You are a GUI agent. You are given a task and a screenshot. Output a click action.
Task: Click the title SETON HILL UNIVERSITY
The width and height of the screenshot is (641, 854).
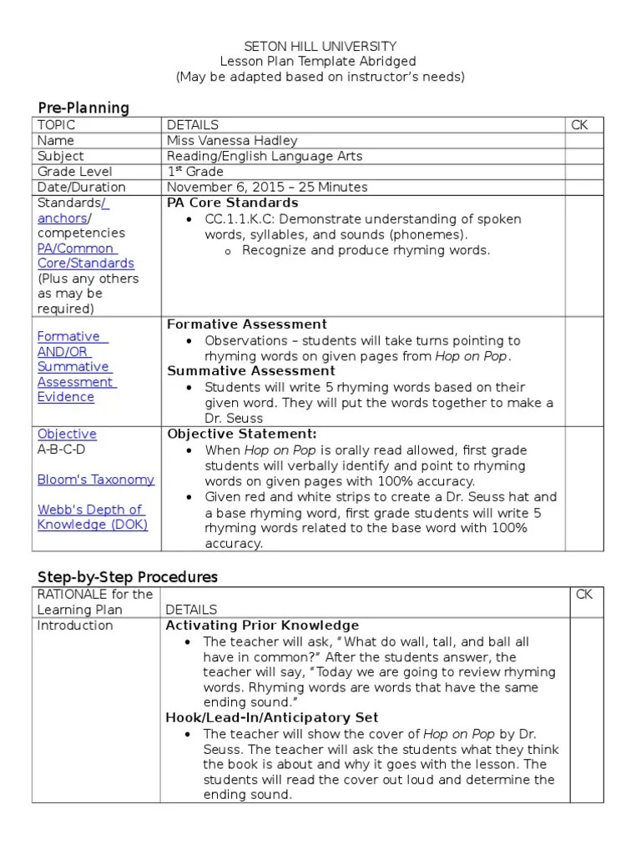320,47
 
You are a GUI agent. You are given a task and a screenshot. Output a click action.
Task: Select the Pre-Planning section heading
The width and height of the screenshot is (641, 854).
83,108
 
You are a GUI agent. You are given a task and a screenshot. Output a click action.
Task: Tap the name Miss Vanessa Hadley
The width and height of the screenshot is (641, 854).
231,141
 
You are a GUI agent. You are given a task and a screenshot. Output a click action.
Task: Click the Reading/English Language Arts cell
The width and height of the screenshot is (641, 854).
265,156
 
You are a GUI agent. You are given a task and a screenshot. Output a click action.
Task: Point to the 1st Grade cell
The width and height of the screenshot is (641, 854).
195,172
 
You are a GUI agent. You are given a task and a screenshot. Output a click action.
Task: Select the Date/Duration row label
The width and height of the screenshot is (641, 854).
82,188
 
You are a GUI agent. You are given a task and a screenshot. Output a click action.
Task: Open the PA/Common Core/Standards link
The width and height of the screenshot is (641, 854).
85,256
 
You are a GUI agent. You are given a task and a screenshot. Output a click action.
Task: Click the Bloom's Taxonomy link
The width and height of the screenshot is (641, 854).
95,480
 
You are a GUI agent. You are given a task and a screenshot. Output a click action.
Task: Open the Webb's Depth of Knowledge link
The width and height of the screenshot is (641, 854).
92,517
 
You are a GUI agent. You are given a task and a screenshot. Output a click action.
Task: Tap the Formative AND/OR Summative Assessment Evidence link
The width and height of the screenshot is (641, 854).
75,367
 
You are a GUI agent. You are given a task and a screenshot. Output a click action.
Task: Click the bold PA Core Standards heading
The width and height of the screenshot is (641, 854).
232,203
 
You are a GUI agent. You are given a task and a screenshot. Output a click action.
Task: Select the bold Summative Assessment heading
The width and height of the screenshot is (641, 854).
250,371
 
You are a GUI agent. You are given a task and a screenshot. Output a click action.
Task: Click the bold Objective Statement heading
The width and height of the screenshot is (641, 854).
242,434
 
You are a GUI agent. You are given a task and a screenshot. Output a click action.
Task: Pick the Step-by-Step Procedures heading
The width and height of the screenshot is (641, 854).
128,577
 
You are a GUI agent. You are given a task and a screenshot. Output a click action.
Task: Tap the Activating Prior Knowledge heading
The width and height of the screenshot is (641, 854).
262,625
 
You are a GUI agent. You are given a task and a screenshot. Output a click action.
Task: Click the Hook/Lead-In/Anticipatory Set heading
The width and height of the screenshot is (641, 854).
271,717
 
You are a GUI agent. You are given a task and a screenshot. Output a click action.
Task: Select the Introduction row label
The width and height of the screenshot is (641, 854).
75,625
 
